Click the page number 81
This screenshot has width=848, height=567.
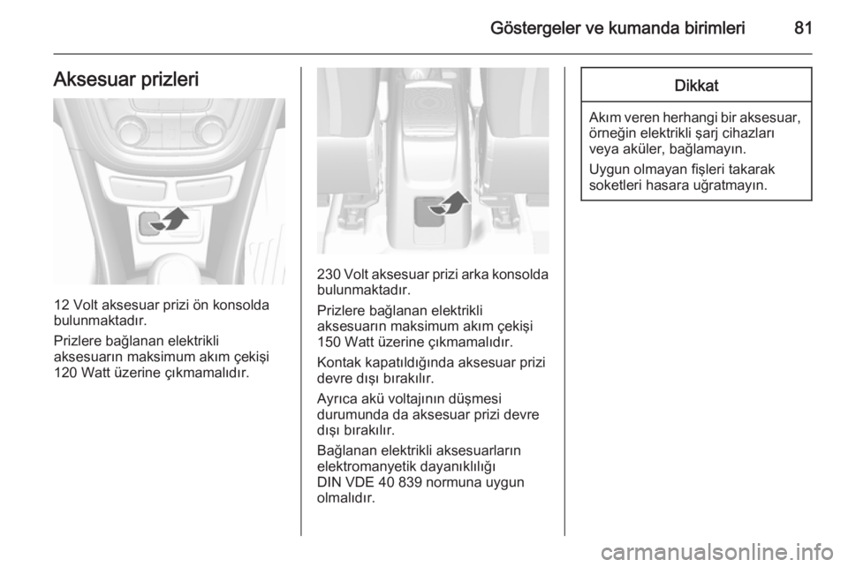point(803,27)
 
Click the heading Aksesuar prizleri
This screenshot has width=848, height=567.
point(126,79)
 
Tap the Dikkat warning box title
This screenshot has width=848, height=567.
point(696,86)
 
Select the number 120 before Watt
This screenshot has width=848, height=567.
point(65,373)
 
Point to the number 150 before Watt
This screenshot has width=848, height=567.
point(329,342)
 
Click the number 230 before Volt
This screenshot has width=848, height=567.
point(329,274)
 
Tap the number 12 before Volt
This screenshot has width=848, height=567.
point(61,305)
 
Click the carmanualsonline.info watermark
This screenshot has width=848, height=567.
point(717,553)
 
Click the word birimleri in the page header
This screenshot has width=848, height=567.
point(714,27)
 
